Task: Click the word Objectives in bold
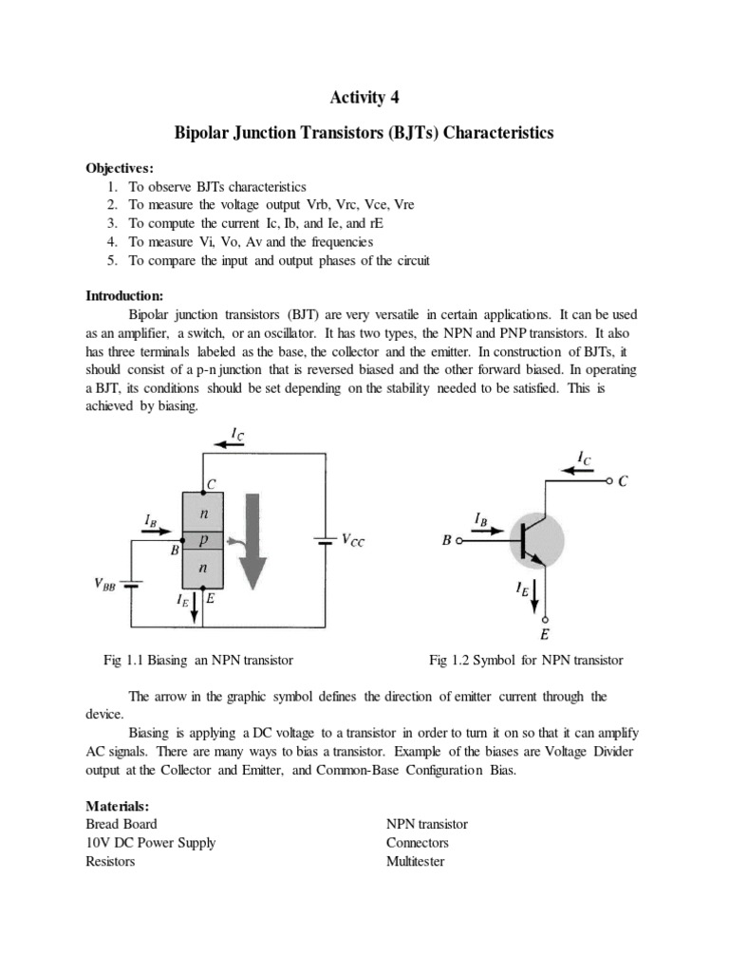119,168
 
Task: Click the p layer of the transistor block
202,539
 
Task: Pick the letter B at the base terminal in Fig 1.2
446,542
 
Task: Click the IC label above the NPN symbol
586,458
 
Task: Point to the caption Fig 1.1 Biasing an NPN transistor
197,660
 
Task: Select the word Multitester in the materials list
415,861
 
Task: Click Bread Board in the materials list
121,824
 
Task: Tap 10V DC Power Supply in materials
150,843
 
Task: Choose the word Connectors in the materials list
418,843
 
